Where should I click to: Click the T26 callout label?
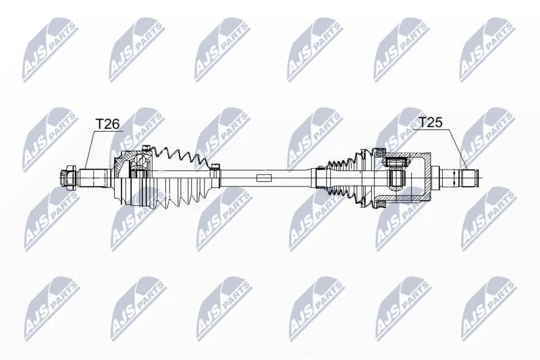point(107,124)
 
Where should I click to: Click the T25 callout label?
point(430,122)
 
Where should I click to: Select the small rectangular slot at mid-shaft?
point(264,178)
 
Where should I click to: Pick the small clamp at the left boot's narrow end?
point(216,166)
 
